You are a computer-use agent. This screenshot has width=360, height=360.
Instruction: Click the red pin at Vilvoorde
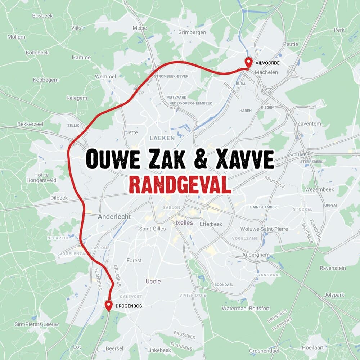click(x=248, y=62)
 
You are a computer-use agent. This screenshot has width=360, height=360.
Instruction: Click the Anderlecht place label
click(x=114, y=217)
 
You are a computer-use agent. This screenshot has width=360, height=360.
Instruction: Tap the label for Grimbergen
click(x=192, y=32)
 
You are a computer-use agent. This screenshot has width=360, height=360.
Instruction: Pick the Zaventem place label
click(x=309, y=123)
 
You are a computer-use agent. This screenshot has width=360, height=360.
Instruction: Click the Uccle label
click(x=153, y=281)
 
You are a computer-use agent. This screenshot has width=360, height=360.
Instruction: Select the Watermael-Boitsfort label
click(x=246, y=309)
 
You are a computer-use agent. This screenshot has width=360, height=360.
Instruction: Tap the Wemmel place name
click(x=105, y=77)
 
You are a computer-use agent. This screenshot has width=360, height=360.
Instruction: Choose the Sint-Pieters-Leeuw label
click(x=37, y=324)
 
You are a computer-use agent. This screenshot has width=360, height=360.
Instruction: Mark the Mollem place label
click(x=16, y=37)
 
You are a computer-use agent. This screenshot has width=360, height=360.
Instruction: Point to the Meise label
click(x=140, y=28)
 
